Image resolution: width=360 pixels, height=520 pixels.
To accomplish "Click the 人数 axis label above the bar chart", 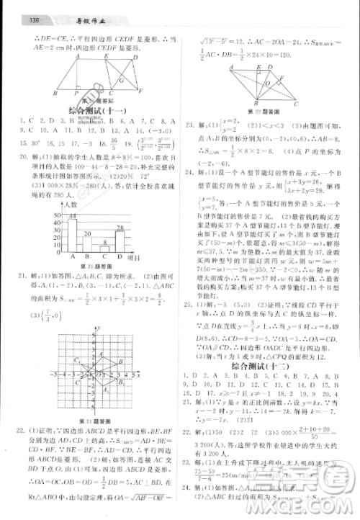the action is pos(68,205).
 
